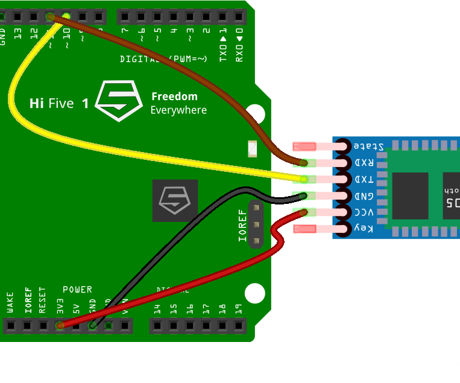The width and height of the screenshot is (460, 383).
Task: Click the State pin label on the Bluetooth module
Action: [x=368, y=146]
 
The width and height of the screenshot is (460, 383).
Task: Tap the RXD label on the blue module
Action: [x=364, y=163]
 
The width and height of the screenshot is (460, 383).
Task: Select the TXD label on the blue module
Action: [x=364, y=179]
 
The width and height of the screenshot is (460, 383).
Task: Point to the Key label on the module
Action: [x=364, y=229]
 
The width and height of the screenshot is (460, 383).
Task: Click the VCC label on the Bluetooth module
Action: [x=364, y=212]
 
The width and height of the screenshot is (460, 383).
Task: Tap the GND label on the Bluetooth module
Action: [x=364, y=196]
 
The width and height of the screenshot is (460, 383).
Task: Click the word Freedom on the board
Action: [x=174, y=97]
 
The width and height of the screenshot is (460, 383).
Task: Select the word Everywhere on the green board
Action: [x=178, y=110]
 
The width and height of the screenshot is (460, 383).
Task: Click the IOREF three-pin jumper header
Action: [x=256, y=225]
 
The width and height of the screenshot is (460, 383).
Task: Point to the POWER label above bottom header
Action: [x=78, y=290]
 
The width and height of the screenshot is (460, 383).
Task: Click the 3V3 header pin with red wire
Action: [x=60, y=326]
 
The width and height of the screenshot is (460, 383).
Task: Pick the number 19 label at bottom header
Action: [x=239, y=309]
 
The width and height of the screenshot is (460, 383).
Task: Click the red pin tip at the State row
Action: [x=304, y=146]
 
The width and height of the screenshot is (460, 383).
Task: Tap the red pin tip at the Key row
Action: [x=304, y=229]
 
